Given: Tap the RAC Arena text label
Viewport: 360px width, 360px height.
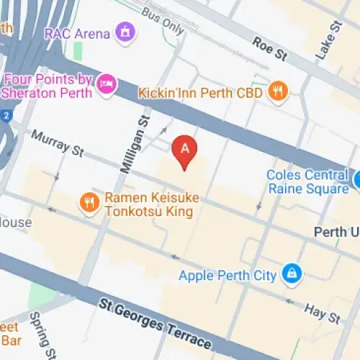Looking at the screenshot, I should point(77,33).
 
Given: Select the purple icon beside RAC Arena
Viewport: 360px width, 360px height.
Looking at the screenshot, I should point(126,32).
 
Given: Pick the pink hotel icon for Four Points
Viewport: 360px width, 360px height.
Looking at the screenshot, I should point(107,85).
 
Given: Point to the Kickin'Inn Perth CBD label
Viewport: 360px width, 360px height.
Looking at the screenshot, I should point(202,91).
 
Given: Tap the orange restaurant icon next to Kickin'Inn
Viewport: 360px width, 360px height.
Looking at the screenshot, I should point(277,91).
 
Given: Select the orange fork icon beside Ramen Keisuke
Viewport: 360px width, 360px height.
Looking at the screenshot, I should point(89,204).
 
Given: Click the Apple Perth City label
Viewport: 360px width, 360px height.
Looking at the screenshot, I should point(228,275).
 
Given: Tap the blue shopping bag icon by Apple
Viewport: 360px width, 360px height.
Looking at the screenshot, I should point(292,274).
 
